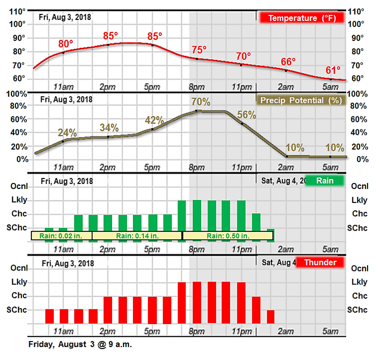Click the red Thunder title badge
[x=320, y=262]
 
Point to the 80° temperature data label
[x=66, y=44]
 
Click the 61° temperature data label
[x=332, y=69]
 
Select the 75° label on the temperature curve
[x=199, y=49]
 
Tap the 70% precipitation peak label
[x=200, y=101]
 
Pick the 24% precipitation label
[x=67, y=133]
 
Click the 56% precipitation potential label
[x=246, y=114]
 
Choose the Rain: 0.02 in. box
[x=61, y=235]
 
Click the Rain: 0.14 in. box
[x=137, y=235]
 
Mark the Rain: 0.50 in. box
[x=228, y=235]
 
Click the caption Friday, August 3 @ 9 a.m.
[x=80, y=345]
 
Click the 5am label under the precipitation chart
[x=330, y=166]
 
